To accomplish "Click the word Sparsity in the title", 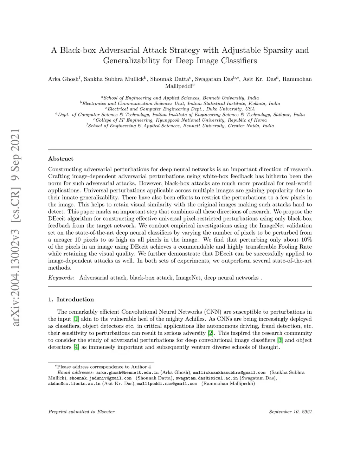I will tap(275, 50).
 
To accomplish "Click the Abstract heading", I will tap(61, 159).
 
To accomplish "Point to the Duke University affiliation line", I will tap(180, 109).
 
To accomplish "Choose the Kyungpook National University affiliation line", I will tap(180, 120).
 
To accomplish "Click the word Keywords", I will tap(61, 278).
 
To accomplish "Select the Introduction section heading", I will tap(75, 300).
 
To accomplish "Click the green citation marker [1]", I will tap(76, 319).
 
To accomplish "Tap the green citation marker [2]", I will tap(210, 333).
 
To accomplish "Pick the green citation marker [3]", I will tap(280, 340).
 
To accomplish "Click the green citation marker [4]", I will tap(76, 347).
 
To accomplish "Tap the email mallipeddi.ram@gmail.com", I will tap(167, 384).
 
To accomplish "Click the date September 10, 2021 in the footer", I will tap(290, 411).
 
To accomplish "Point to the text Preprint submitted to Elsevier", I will tap(81, 411).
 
